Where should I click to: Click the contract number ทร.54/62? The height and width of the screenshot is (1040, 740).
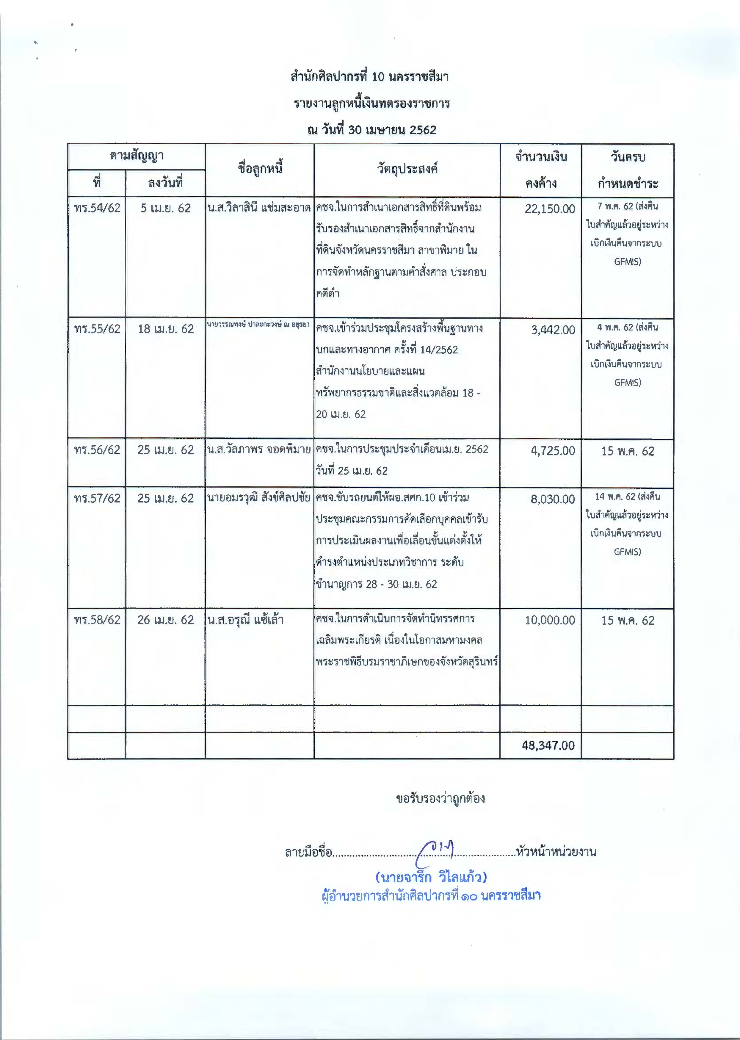[x=97, y=208]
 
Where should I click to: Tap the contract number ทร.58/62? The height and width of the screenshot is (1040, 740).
[x=97, y=620]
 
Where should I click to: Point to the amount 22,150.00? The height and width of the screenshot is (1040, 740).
[x=550, y=209]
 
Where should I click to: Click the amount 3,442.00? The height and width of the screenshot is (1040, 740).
[x=553, y=330]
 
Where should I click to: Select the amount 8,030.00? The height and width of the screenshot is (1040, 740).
[x=552, y=499]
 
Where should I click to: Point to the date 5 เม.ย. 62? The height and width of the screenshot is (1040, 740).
[x=165, y=208]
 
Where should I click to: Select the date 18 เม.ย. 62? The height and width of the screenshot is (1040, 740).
[x=165, y=329]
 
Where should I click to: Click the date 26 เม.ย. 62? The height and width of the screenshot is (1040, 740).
[x=165, y=620]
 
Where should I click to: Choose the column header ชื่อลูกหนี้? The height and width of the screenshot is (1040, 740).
[x=260, y=169]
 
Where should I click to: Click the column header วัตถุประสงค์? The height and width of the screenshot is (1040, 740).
[x=407, y=169]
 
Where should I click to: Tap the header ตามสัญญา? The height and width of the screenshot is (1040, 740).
[x=136, y=156]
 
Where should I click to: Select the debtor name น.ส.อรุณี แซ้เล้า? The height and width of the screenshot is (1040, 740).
[x=245, y=620]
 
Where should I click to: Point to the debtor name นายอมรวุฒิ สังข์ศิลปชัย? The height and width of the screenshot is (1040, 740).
[x=258, y=498]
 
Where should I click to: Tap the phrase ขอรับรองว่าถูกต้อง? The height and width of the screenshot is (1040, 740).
[x=440, y=798]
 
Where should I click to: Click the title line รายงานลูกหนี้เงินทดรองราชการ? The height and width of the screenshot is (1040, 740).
[x=371, y=104]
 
